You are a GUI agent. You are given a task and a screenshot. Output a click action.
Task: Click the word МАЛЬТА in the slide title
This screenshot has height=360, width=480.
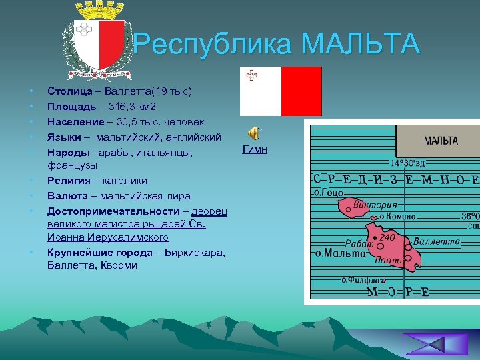tap(360, 45)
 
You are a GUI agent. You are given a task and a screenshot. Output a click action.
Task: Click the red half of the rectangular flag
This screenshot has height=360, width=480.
tap(301, 91)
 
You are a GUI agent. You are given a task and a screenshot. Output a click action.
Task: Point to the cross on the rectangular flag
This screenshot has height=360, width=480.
tap(251, 76)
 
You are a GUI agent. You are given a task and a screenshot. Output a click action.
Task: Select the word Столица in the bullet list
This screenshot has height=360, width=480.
tap(67, 91)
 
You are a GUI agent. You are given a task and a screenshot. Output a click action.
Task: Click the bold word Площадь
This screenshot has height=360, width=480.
tap(69, 106)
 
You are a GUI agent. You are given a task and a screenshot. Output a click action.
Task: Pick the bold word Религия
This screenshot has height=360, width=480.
tap(69, 180)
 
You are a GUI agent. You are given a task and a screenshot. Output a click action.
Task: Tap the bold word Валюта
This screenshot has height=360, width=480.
tap(65, 196)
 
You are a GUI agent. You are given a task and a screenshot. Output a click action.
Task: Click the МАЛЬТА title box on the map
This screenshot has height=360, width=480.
tap(441, 141)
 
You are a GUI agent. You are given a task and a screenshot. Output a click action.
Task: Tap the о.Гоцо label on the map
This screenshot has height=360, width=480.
tap(328, 193)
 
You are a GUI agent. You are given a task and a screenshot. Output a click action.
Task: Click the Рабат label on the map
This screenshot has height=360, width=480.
tap(359, 244)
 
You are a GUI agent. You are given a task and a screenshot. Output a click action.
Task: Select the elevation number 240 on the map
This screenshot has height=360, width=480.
tap(389, 237)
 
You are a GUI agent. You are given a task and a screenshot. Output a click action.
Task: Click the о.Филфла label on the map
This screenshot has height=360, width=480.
tap(363, 280)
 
